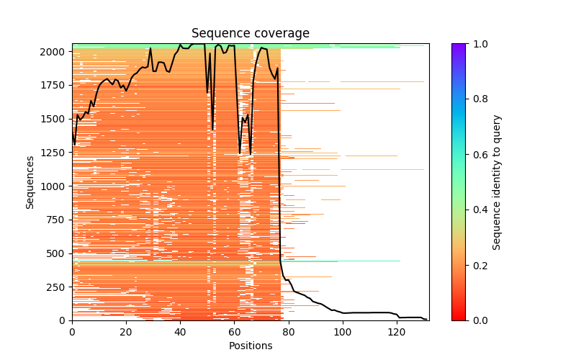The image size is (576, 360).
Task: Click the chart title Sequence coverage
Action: (251, 34)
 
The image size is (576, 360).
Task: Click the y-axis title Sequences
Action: (30, 181)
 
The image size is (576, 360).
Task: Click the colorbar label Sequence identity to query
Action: (497, 181)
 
